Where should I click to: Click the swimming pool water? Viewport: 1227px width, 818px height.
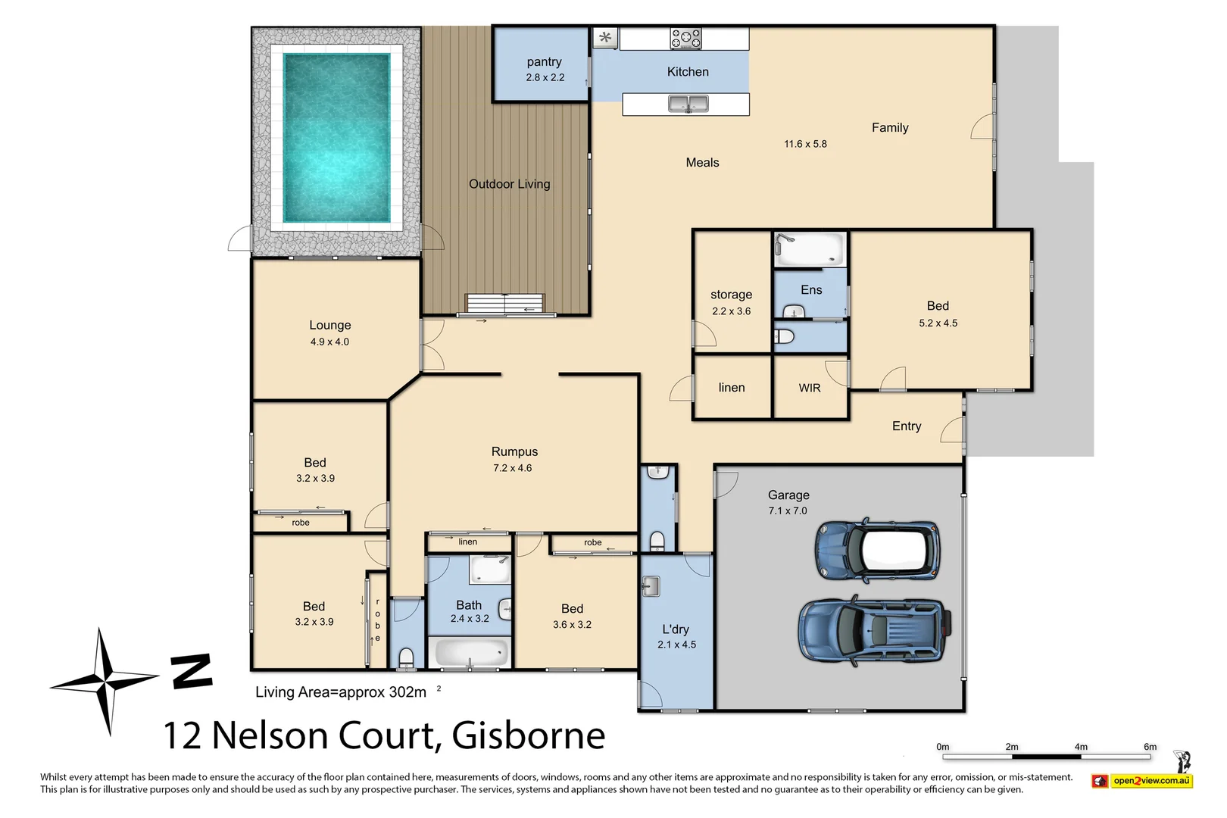tap(336, 137)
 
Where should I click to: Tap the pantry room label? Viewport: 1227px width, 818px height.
tap(544, 62)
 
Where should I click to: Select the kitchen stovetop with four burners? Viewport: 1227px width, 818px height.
tap(685, 38)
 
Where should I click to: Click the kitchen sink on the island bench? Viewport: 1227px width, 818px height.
tap(688, 104)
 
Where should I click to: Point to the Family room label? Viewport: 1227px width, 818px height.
tap(890, 128)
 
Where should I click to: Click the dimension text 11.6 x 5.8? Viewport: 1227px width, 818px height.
tap(805, 144)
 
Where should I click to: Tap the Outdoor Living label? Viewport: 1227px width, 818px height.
tap(509, 184)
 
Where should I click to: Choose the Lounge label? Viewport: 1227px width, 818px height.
tap(330, 325)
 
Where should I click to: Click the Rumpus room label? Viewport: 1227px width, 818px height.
tap(514, 451)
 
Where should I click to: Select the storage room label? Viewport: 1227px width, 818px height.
tap(731, 295)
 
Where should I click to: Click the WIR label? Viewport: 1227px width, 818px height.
tap(810, 388)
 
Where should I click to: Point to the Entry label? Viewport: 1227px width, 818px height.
tap(907, 426)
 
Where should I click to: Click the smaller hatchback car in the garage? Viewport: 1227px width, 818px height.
tap(878, 549)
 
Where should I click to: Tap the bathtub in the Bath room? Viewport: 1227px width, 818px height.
tap(470, 652)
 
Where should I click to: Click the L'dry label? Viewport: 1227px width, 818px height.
tap(676, 629)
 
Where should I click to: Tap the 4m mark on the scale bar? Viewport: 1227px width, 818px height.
tap(1081, 748)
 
